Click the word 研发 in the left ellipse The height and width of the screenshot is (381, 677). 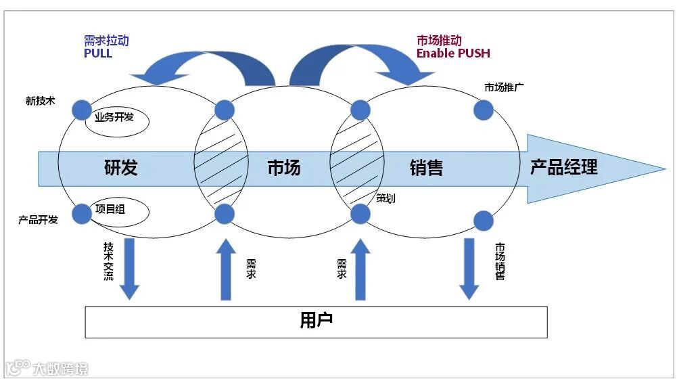point(121,168)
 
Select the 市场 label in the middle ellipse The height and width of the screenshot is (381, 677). point(283,168)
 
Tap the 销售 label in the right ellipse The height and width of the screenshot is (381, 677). point(426,168)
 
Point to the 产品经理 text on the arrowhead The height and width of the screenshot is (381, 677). point(563,167)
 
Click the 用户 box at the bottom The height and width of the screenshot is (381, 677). point(316,321)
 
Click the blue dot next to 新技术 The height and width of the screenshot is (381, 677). point(82,109)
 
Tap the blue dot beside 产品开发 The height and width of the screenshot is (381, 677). point(82,214)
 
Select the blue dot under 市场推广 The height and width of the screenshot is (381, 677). point(483,110)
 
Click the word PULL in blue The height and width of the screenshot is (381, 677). point(98,53)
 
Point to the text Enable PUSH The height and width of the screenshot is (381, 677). point(453,53)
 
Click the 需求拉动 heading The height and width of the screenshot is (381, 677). point(106,41)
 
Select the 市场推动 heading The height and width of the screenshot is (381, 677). point(439,41)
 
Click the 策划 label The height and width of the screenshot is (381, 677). point(386,198)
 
